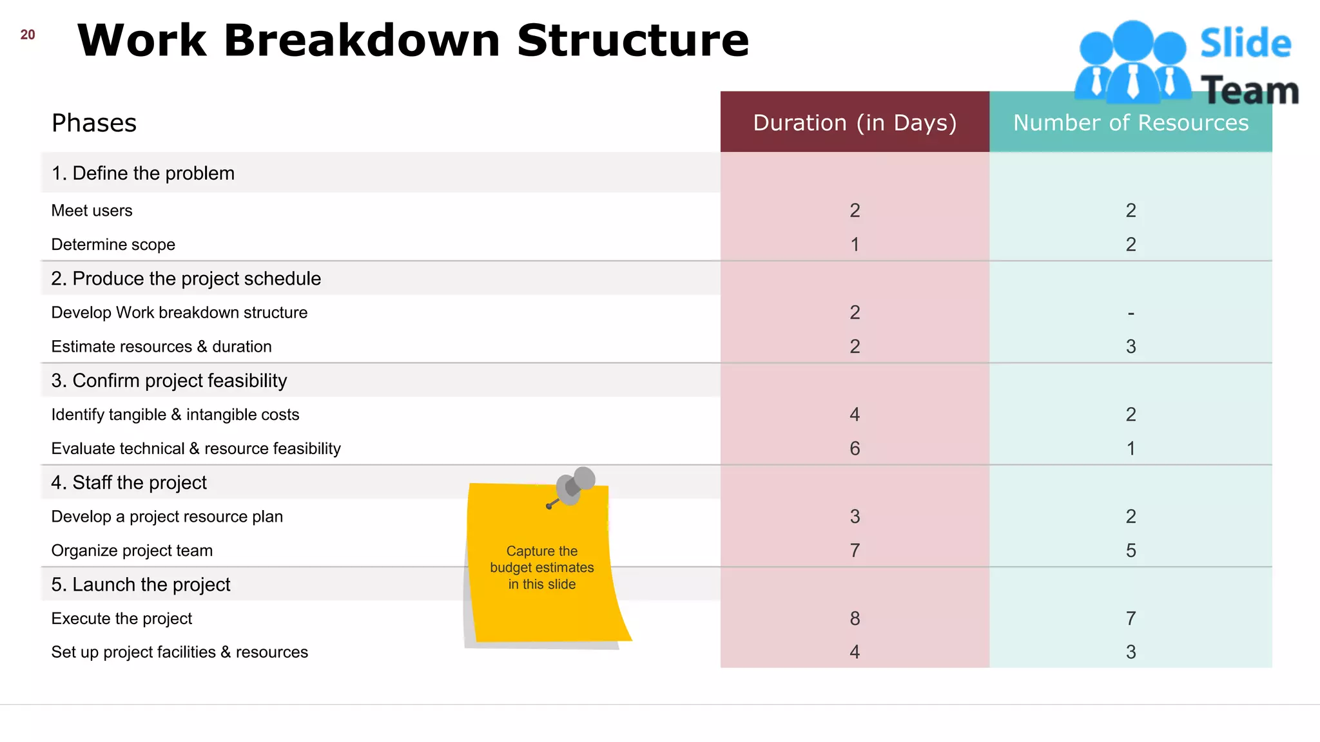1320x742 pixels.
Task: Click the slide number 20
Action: (x=28, y=35)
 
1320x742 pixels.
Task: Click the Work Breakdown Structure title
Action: (x=413, y=40)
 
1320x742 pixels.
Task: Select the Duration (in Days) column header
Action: (x=855, y=122)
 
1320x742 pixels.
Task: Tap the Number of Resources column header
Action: (x=1131, y=122)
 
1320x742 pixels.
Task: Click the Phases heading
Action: (x=94, y=123)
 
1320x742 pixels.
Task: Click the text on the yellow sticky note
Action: (x=542, y=567)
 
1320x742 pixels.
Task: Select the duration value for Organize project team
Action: (x=855, y=551)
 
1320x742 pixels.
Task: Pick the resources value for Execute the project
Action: (x=1131, y=618)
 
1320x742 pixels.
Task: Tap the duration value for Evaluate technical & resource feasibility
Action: (x=855, y=448)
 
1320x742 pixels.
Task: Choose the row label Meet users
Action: (x=92, y=211)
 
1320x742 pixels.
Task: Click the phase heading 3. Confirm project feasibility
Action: (x=169, y=381)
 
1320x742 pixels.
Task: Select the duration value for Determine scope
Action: (x=855, y=245)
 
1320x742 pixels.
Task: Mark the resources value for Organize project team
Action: (x=1131, y=551)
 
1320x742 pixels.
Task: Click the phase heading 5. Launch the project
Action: (x=141, y=584)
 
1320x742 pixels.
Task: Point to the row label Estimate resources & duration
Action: (x=161, y=347)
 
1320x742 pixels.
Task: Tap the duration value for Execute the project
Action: (x=855, y=618)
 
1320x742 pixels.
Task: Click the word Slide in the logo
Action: (x=1245, y=44)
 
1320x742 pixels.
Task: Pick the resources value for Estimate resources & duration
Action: (x=1131, y=347)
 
